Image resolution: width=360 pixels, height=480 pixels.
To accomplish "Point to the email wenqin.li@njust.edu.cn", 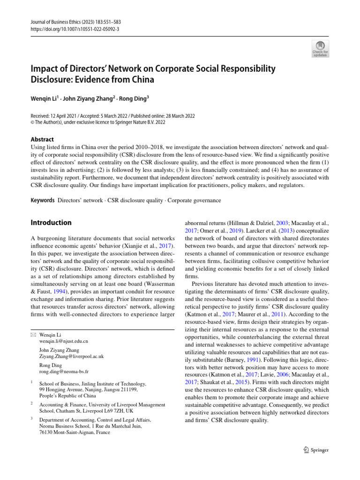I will click(x=64, y=341).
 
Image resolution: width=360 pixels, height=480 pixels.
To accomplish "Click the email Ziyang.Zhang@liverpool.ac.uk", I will click(x=72, y=356).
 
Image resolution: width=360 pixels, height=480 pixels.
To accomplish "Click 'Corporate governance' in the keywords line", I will click(x=194, y=201).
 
